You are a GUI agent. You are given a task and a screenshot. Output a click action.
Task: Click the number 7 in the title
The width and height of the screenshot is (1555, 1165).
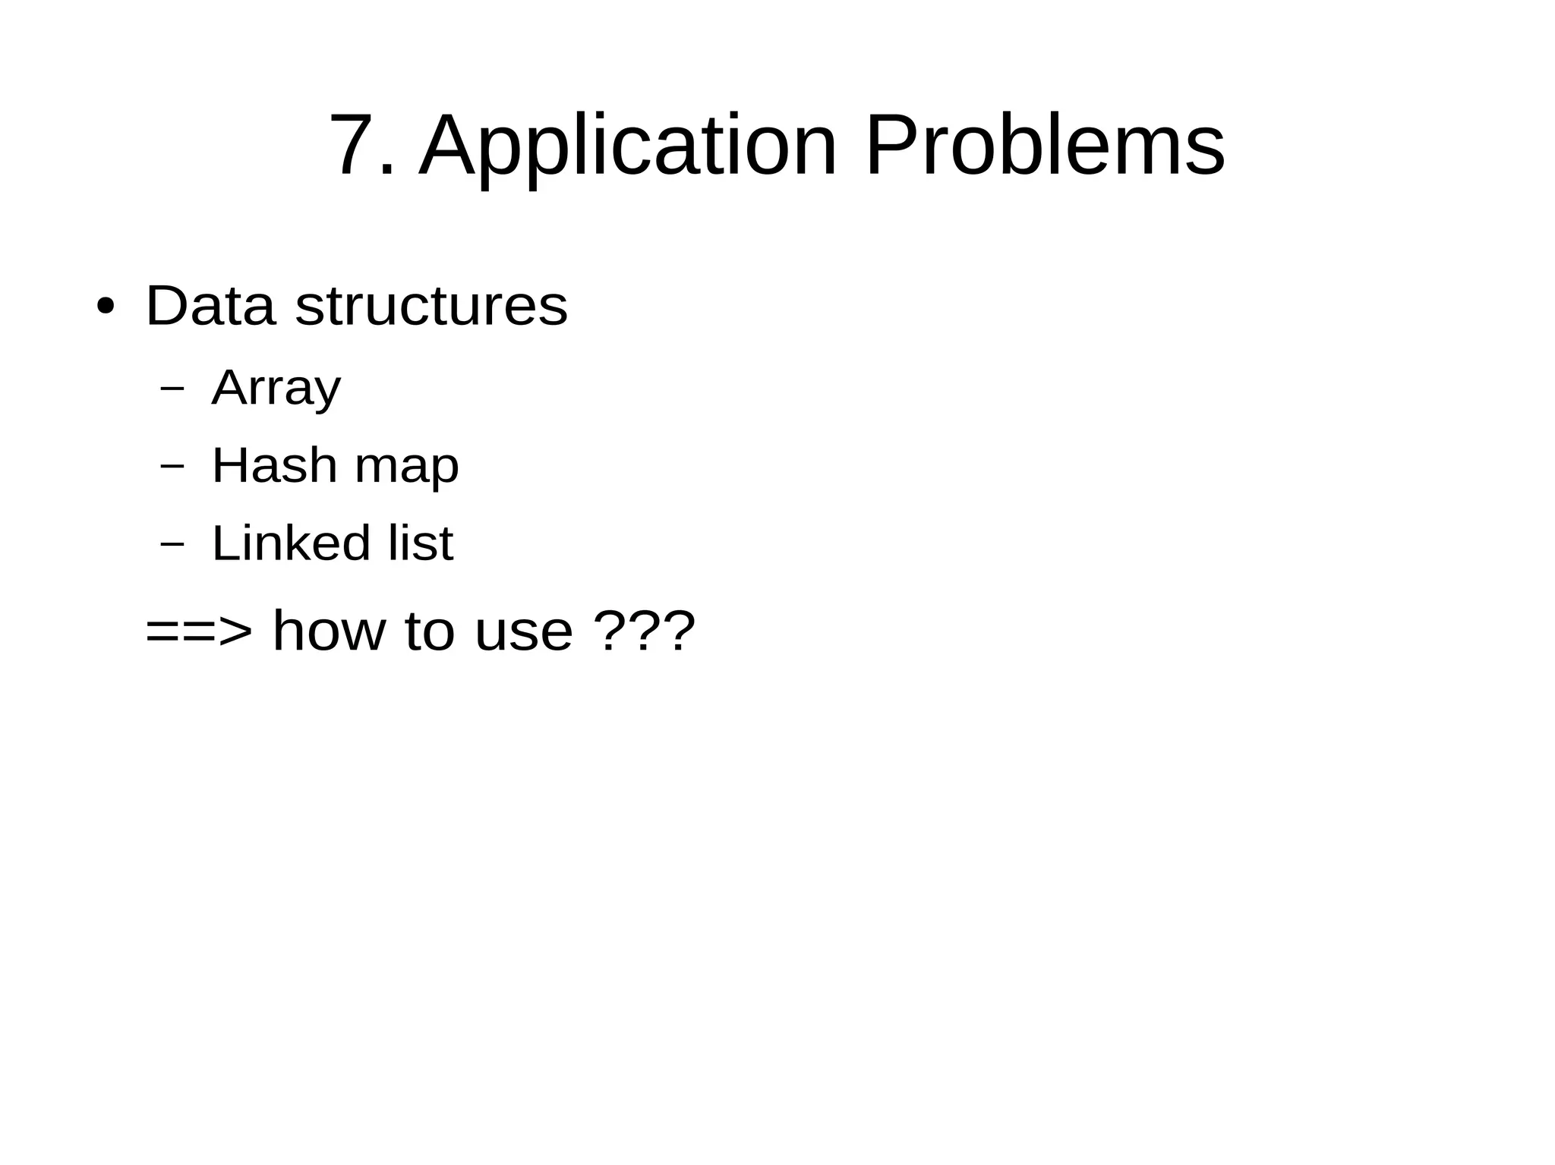pyautogui.click(x=354, y=145)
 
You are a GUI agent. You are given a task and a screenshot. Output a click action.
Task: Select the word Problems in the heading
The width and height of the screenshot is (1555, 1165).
pyautogui.click(x=1044, y=145)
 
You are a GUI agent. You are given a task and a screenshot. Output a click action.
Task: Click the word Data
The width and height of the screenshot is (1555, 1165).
pyautogui.click(x=210, y=306)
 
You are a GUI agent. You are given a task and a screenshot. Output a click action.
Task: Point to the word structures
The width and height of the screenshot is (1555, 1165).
pyautogui.click(x=431, y=306)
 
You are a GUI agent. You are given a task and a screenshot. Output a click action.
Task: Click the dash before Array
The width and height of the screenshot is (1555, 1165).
pyautogui.click(x=173, y=389)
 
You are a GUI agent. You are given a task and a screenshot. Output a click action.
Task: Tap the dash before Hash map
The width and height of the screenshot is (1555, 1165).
pyautogui.click(x=173, y=466)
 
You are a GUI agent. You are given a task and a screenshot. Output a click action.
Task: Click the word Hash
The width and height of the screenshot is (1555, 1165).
pyautogui.click(x=274, y=465)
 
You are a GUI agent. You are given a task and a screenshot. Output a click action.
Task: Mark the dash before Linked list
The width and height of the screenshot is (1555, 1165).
pyautogui.click(x=173, y=543)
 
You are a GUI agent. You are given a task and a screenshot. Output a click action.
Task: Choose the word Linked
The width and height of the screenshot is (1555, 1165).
pyautogui.click(x=291, y=543)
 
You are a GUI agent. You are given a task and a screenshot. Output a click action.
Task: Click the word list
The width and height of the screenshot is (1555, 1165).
pyautogui.click(x=421, y=543)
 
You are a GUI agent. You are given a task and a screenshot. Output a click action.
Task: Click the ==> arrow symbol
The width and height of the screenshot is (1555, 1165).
pyautogui.click(x=199, y=631)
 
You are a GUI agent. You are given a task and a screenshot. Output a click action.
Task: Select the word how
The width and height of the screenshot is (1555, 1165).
pyautogui.click(x=329, y=631)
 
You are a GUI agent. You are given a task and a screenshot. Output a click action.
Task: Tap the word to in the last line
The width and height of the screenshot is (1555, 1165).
pyautogui.click(x=429, y=631)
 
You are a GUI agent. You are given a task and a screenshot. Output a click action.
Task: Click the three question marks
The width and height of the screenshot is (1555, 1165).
pyautogui.click(x=644, y=631)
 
